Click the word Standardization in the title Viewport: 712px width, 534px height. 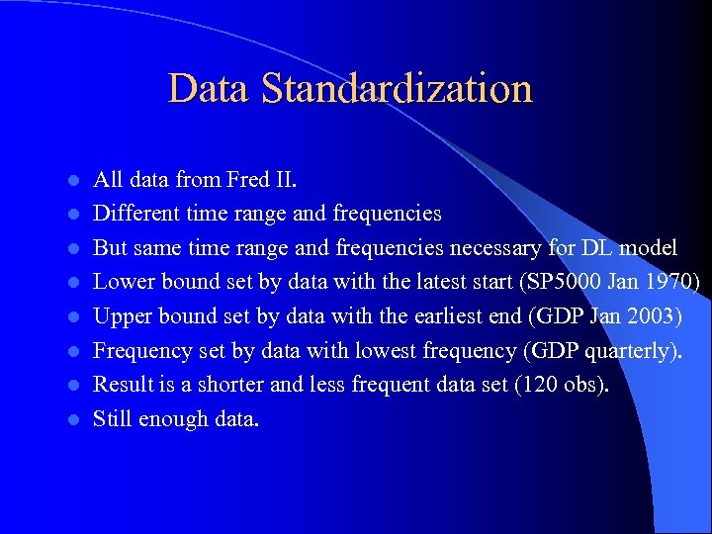[x=397, y=88]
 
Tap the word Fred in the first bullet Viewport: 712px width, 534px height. [x=247, y=180]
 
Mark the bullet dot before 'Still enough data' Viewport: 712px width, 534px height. [x=72, y=419]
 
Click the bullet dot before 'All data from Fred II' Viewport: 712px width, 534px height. [x=72, y=181]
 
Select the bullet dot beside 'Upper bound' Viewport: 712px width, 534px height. [x=72, y=317]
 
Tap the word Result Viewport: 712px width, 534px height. [x=122, y=385]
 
